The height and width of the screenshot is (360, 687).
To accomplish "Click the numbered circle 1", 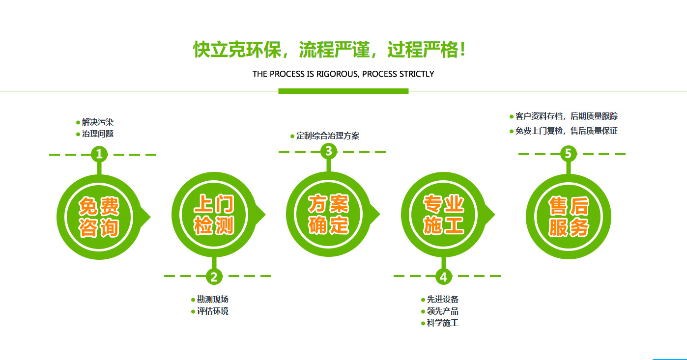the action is (x=99, y=154).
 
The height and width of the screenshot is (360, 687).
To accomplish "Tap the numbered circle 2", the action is (x=214, y=277).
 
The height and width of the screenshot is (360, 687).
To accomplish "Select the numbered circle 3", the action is (x=328, y=151).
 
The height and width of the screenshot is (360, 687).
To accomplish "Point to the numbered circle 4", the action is (x=443, y=277).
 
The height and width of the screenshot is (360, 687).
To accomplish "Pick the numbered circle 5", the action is (x=568, y=154).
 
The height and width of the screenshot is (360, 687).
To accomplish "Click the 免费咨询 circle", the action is (x=99, y=217).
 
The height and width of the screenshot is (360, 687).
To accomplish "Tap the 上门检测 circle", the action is (x=214, y=215).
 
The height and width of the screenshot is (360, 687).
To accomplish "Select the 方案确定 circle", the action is (x=328, y=214).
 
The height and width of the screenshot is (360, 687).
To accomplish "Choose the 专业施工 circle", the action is (x=443, y=215).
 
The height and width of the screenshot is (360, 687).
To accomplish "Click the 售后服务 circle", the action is (x=568, y=217).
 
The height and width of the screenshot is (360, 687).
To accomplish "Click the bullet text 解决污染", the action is (x=97, y=122).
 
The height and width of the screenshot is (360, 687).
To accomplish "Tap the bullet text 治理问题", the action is (x=97, y=134).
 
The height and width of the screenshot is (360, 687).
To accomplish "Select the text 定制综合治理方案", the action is (x=328, y=136).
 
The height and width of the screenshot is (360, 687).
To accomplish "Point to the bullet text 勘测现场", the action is (x=213, y=299).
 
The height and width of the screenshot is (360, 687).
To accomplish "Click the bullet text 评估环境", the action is (x=213, y=311).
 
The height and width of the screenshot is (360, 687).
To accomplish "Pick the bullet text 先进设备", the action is (x=443, y=299).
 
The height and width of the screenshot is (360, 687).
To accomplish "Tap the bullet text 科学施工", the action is (x=443, y=323).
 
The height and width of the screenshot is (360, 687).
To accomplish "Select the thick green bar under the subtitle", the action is (x=343, y=91).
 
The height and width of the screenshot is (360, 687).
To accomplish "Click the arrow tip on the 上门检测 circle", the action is (x=265, y=215).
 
